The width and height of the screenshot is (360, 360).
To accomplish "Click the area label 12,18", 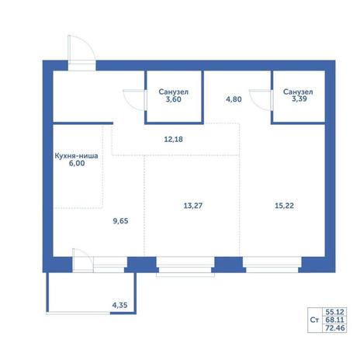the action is point(173,140).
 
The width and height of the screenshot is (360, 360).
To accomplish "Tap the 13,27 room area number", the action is point(193,206).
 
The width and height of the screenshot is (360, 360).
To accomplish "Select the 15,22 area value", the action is point(284,206).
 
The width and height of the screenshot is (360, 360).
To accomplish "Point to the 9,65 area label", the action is point(120,221).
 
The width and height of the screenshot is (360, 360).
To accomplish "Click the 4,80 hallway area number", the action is point(234,99).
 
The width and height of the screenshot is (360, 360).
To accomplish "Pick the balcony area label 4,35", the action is point(119,305).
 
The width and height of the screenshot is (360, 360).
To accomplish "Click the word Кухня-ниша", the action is point(77,156).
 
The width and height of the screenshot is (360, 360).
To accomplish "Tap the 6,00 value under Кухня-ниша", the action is point(77,163).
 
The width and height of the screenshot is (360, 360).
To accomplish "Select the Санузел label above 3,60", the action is point(173,92).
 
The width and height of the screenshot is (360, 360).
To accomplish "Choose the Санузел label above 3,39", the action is point(298,92).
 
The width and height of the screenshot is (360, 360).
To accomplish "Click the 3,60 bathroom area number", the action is point(173,99).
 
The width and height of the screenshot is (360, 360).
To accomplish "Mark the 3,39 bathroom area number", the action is point(299,99).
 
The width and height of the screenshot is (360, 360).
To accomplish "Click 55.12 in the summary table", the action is point(335,312).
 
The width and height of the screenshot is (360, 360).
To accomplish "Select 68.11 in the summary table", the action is point(335,320).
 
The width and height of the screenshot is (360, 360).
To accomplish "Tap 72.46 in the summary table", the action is point(335,328).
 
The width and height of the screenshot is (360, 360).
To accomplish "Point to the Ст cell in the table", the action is point(314,320).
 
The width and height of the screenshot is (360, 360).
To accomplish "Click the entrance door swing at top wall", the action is point(81,49).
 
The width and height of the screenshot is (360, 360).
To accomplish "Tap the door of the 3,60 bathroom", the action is point(134,100).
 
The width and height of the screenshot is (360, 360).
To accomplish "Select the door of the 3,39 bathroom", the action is point(261,100).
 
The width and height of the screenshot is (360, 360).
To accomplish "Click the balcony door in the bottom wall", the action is point(83,260).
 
